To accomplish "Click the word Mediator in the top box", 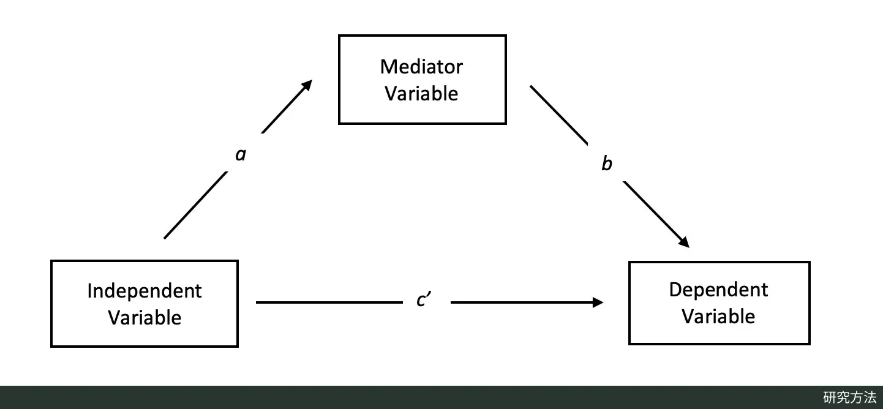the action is [x=421, y=67].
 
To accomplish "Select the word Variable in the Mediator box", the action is [x=421, y=94].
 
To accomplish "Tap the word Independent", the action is [x=145, y=291].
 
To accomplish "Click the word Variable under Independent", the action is [x=145, y=318].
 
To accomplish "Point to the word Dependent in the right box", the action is [x=719, y=290].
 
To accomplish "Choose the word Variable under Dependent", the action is [x=719, y=317].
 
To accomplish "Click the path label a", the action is [x=241, y=154].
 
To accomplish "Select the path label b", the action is [x=607, y=163].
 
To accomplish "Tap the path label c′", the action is [x=424, y=299].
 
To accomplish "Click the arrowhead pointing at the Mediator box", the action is [x=307, y=86].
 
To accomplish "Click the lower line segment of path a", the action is [x=195, y=205].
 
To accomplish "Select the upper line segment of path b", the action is [x=559, y=115].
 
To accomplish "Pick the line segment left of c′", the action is [x=329, y=302].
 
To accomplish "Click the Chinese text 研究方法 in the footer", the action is [x=849, y=397].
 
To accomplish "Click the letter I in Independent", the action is [x=89, y=291].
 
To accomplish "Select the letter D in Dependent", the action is [x=675, y=290].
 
